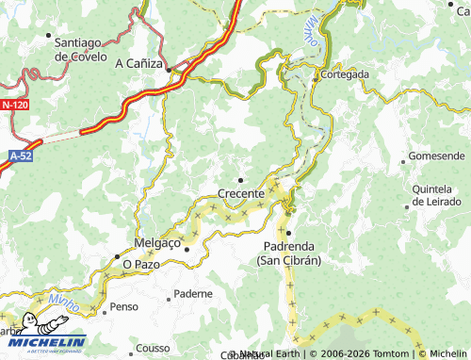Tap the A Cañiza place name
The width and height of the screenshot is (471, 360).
[x=138, y=64]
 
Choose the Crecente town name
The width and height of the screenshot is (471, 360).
[x=241, y=193]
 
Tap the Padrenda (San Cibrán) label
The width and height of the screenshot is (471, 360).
[x=289, y=253]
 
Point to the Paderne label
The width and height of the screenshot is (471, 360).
[x=194, y=293]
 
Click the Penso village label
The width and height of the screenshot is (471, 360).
[x=124, y=307]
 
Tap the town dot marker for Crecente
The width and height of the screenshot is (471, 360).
[x=240, y=179]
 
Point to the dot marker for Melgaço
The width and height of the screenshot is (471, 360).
[x=187, y=249]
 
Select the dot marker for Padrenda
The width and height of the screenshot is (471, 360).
[x=289, y=232]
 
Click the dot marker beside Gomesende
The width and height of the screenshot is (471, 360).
[x=404, y=160]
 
